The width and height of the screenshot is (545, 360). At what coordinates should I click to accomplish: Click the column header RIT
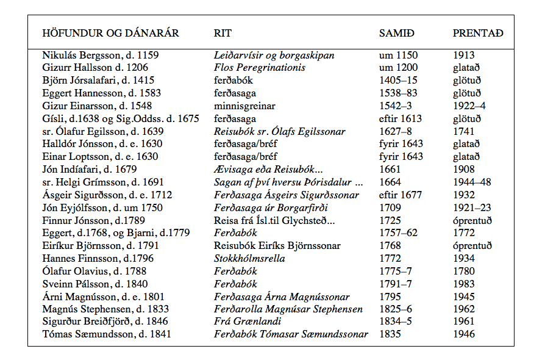[x=223, y=33]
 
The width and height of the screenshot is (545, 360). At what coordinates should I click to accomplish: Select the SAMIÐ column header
[x=396, y=33]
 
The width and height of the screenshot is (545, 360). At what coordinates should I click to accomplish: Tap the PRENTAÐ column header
[x=478, y=33]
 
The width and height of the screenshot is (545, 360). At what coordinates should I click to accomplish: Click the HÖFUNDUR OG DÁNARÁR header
[x=110, y=33]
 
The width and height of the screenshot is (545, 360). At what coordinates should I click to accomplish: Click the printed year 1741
[x=464, y=132]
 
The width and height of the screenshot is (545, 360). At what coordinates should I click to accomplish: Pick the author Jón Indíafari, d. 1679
[x=90, y=170]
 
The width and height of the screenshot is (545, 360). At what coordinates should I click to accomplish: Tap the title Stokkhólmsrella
[x=249, y=259]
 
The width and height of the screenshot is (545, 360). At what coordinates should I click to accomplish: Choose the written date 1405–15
[x=399, y=81]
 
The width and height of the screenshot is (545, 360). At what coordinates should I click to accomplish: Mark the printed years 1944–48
[x=472, y=182]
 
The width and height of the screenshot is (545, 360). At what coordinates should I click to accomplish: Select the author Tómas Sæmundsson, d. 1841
[x=107, y=334]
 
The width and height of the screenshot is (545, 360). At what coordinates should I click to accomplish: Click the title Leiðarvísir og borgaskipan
[x=274, y=56]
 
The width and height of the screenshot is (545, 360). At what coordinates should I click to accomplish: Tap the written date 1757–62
[x=399, y=233]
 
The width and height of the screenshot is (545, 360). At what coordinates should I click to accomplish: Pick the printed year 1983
[x=464, y=284]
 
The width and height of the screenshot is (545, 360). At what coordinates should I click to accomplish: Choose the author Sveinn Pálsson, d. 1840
[x=94, y=284]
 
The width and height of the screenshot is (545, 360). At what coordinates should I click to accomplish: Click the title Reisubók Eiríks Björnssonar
[x=277, y=246]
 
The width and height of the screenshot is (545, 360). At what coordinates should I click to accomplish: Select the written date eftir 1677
[x=401, y=195]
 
